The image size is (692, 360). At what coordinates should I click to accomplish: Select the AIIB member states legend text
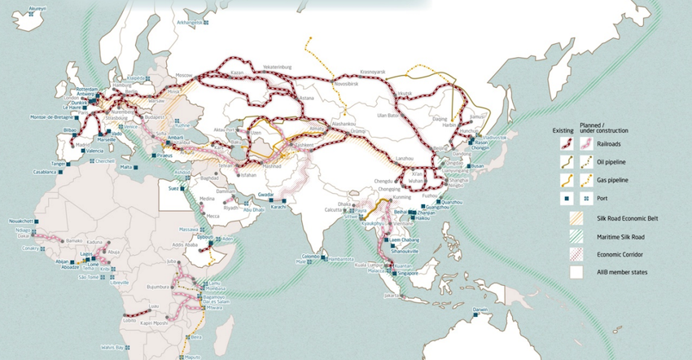(622, 272)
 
